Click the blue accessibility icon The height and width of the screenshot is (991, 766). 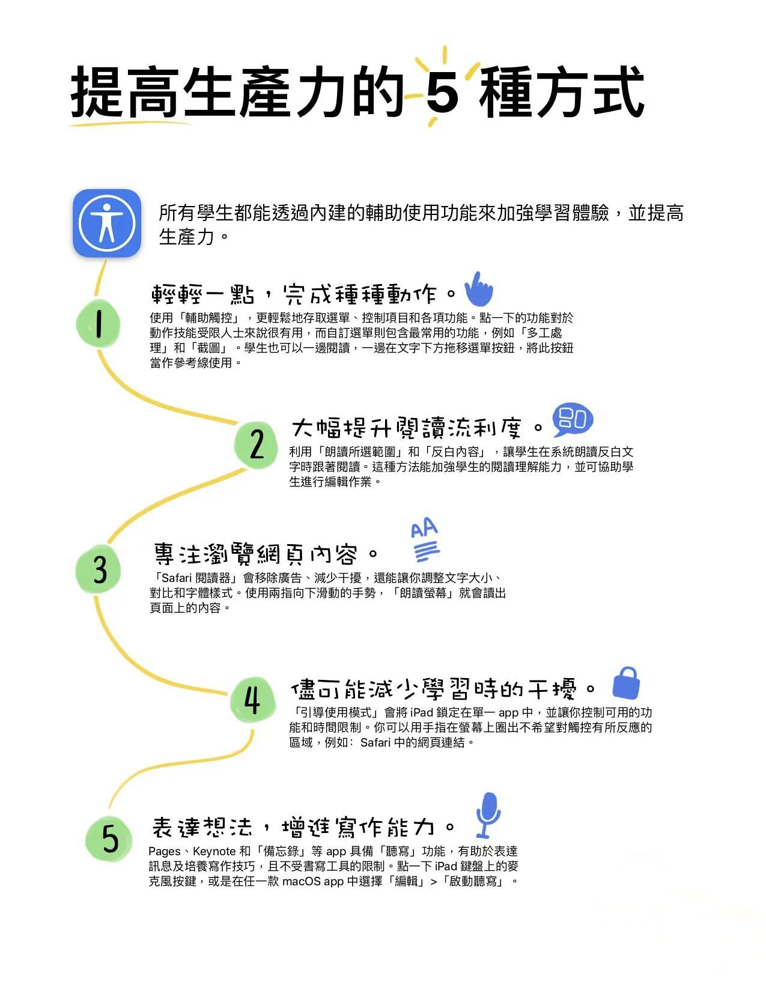pos(107,223)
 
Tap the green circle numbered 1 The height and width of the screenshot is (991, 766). pos(98,324)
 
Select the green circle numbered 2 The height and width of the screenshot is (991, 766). pos(257,444)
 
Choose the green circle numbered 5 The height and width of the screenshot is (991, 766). pos(109,838)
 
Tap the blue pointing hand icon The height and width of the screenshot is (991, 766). pos(479,289)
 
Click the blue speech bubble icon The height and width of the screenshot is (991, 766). pos(572,420)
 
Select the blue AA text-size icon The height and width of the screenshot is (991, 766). pos(425,539)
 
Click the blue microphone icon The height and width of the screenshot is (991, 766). pos(488,814)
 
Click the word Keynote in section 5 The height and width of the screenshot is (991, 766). pos(214,851)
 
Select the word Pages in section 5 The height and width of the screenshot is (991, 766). pos(164,851)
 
